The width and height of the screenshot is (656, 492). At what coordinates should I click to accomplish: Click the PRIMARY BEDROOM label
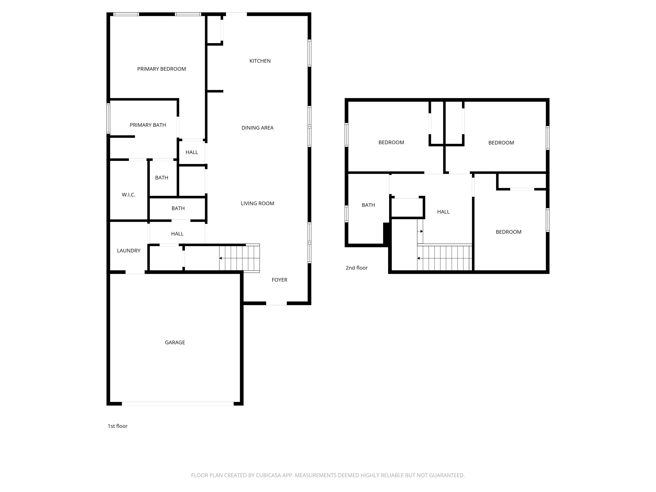(x=161, y=69)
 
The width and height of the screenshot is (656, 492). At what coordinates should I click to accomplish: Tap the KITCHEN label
(x=260, y=61)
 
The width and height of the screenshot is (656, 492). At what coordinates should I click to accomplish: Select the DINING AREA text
(x=257, y=128)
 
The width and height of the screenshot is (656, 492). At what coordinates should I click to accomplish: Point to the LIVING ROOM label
(x=257, y=203)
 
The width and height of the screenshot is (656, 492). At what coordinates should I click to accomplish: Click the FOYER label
(x=279, y=280)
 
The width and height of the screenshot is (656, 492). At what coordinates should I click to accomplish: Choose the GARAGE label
(x=175, y=342)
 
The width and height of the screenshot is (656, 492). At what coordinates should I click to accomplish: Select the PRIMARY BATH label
(x=148, y=125)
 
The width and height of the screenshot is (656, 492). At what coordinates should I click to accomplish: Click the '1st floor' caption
(x=117, y=426)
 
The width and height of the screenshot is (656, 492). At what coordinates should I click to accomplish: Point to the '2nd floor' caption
(x=356, y=268)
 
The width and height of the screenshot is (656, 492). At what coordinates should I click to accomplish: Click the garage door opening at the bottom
(x=178, y=404)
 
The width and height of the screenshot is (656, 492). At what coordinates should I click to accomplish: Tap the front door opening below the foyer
(x=276, y=303)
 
